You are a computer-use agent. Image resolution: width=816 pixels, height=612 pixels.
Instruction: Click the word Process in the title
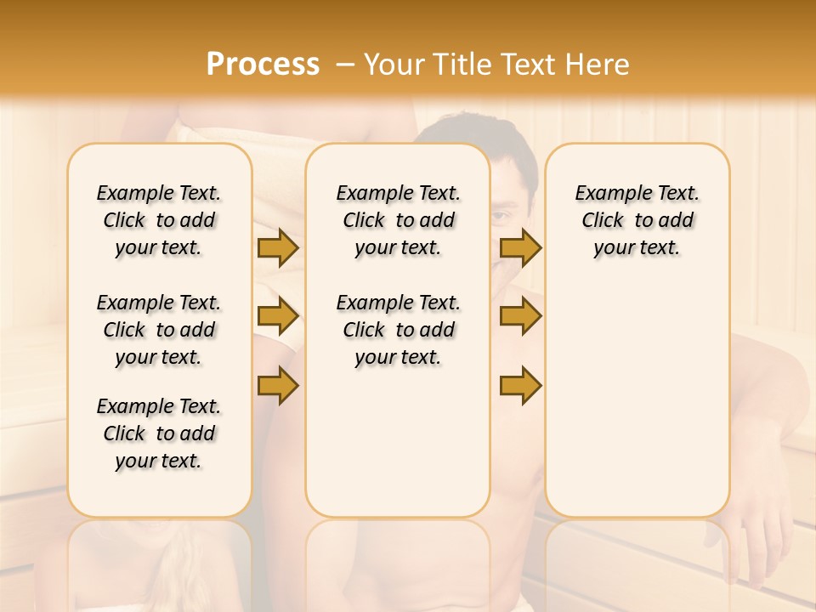coord(263,65)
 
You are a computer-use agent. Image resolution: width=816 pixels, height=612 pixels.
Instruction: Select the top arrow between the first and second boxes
coord(277,247)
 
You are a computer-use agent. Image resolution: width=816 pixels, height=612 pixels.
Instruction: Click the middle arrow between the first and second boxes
coord(277,316)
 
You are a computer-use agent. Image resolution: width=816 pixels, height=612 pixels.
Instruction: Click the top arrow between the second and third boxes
coord(520,247)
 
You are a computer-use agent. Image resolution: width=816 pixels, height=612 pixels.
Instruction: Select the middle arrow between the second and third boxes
coord(520,316)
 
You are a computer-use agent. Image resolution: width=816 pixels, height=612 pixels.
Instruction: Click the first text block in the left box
coord(159,220)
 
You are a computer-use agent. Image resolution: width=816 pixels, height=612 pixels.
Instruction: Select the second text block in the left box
coord(159,330)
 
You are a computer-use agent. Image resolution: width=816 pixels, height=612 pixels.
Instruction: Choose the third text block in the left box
coord(159,433)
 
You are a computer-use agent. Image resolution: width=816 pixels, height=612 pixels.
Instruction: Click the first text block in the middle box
coord(399,220)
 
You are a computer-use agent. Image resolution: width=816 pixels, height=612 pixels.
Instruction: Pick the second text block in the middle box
coord(399,330)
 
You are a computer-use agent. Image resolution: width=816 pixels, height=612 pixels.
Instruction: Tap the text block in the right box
coord(637,220)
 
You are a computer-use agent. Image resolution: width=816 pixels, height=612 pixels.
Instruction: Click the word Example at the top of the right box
coord(607,194)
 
